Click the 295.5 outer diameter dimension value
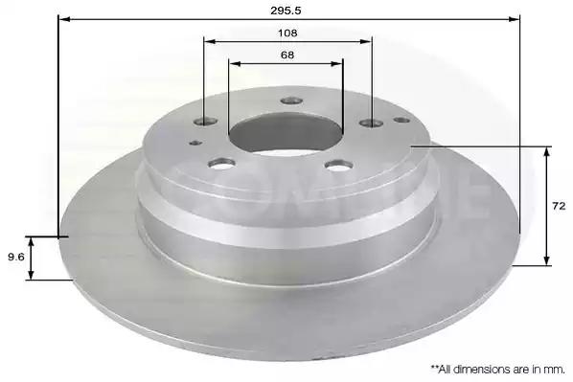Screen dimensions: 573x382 286,11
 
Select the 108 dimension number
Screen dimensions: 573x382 287,34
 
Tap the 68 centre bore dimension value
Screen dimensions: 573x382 287,56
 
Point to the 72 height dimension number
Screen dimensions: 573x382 560,206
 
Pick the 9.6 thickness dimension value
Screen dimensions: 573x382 16,258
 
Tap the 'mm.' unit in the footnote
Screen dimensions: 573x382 557,370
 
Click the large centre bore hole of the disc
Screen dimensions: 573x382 286,132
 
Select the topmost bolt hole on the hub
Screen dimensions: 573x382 291,101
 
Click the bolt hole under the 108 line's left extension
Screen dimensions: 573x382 206,122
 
